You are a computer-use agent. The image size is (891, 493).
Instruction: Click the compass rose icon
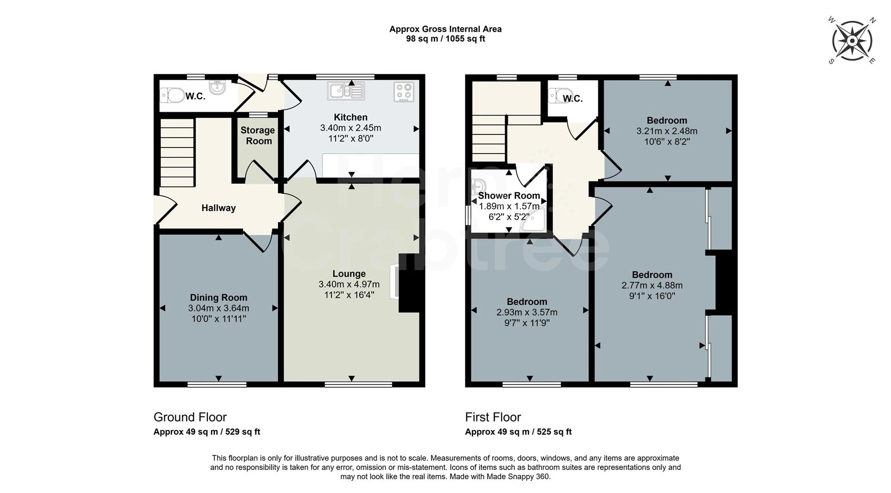point(852,41)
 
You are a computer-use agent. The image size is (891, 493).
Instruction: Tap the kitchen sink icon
point(346,90)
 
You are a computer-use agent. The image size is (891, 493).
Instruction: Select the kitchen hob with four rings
point(404,91)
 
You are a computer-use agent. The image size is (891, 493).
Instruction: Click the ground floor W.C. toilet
point(173,96)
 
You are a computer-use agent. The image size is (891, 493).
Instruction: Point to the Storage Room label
point(258,135)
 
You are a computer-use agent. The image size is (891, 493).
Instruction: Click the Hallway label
point(219,208)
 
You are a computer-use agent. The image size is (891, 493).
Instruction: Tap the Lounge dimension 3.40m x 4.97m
point(349,284)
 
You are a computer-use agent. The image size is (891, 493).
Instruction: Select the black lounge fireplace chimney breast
point(409,283)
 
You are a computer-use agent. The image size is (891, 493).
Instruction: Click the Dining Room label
point(219,298)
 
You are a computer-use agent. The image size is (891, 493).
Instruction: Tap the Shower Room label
point(509,196)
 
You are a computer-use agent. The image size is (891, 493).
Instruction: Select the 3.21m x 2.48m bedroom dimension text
point(667,131)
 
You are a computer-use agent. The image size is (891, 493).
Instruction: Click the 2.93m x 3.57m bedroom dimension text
point(527,313)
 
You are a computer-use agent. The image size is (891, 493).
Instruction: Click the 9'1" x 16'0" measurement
point(652,296)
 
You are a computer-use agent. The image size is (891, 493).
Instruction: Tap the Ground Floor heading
point(190,417)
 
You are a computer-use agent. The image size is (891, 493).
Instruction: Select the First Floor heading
point(493,417)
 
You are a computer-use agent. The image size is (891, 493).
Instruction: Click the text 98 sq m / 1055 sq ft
point(445,39)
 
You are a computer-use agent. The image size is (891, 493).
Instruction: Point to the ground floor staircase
point(177,153)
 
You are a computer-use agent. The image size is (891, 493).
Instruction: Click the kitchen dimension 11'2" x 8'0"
point(350,138)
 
